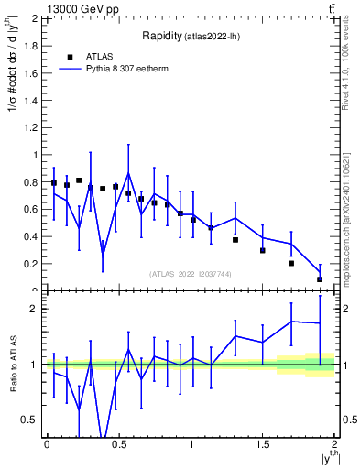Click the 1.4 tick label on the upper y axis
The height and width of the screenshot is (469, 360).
point(32,101)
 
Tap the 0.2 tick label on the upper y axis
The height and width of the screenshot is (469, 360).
point(32,264)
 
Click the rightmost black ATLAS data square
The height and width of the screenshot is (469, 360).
point(320,279)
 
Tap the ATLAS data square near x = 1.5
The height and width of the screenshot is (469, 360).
point(262,250)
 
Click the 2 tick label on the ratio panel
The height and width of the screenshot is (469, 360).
point(36,309)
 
